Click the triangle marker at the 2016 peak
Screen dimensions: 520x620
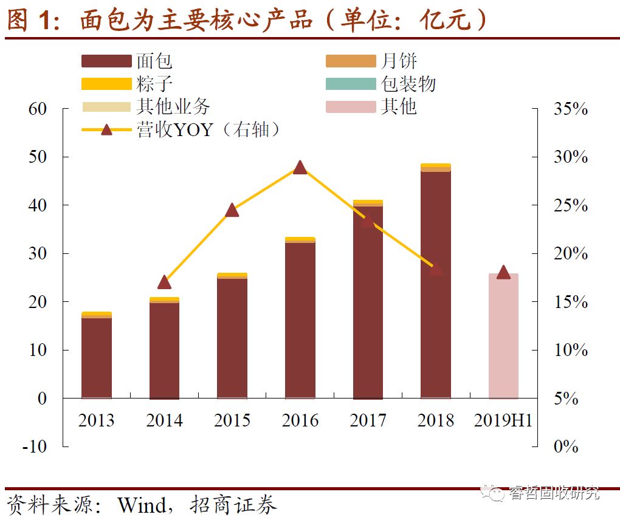pos(300,168)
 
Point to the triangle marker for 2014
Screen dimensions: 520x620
pos(164,282)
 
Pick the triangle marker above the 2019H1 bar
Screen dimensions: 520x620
pos(503,272)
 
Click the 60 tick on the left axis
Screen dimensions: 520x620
pos(37,109)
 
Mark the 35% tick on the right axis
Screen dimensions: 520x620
pos(571,109)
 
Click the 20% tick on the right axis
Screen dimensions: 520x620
pos(571,254)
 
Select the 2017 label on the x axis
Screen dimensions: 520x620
pos(368,420)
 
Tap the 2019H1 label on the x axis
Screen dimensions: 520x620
pos(503,420)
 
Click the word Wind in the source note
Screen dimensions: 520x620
pos(141,505)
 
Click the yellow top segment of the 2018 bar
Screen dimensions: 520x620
pos(435,165)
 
